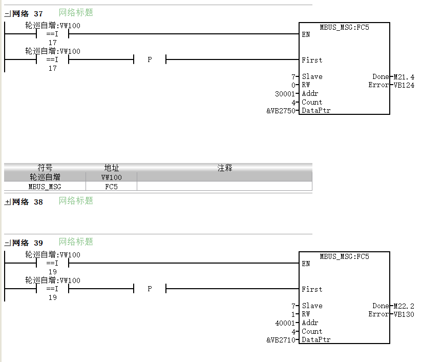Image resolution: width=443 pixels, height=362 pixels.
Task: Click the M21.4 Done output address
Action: [x=404, y=77]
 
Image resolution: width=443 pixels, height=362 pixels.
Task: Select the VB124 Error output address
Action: [x=404, y=85]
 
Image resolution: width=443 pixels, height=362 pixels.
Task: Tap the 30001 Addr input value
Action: [x=285, y=94]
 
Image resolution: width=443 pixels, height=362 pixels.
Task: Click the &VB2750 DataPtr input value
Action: [x=281, y=111]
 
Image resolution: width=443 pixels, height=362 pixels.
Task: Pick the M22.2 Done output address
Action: [x=404, y=306]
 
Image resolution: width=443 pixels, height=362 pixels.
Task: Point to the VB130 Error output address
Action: [x=404, y=314]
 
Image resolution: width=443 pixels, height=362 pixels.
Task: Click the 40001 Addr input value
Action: [x=285, y=323]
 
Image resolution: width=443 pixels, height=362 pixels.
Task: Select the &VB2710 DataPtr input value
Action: [x=281, y=340]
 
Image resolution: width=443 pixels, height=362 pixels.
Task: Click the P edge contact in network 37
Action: [x=150, y=59]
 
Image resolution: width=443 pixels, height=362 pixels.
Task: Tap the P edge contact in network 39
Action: [x=150, y=289]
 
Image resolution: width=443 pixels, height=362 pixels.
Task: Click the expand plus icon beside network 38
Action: [x=8, y=202]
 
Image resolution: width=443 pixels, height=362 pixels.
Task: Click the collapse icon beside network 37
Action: [x=8, y=13]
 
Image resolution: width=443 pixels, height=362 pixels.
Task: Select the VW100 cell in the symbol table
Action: [x=111, y=177]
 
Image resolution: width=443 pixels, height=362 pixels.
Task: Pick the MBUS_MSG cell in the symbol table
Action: [x=45, y=187]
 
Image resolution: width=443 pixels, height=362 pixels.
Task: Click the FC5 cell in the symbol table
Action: [x=111, y=187]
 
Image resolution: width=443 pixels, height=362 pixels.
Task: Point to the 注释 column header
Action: [x=225, y=168]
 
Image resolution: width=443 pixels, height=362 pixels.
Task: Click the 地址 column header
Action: [x=111, y=168]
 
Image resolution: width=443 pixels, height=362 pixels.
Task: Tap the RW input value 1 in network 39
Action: [x=293, y=314]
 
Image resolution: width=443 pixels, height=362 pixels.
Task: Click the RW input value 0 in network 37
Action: [x=293, y=85]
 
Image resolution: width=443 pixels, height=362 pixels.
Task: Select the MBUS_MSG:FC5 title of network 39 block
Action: [x=344, y=256]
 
